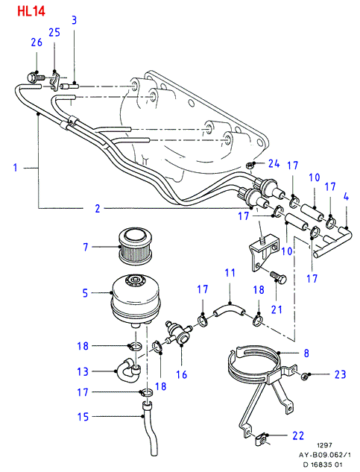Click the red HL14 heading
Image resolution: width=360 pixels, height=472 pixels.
pos(31,11)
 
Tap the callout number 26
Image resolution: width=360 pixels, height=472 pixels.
pos(37,43)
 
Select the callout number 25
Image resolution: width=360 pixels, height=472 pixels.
pos(54,32)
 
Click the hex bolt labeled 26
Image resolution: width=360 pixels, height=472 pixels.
pos(35,78)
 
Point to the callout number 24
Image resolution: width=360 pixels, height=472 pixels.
pos(274,164)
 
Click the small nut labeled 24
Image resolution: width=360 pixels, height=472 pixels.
pos(250,165)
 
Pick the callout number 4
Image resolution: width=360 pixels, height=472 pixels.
pos(346,197)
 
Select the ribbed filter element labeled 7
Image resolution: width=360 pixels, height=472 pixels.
pos(135,246)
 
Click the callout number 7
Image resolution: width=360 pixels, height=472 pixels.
pos(86,247)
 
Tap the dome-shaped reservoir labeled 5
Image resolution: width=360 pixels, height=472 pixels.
pos(136,300)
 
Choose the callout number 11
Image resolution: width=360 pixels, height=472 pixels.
pos(230,273)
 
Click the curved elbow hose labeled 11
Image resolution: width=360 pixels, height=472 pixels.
pos(230,311)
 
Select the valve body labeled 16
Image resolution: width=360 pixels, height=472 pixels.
pos(178,333)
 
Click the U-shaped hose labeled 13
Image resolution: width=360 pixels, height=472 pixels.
pos(128,370)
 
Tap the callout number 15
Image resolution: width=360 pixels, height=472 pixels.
pos(83,417)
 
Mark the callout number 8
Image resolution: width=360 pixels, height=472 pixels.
pos(306,353)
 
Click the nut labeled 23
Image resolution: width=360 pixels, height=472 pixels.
pos(303,376)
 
